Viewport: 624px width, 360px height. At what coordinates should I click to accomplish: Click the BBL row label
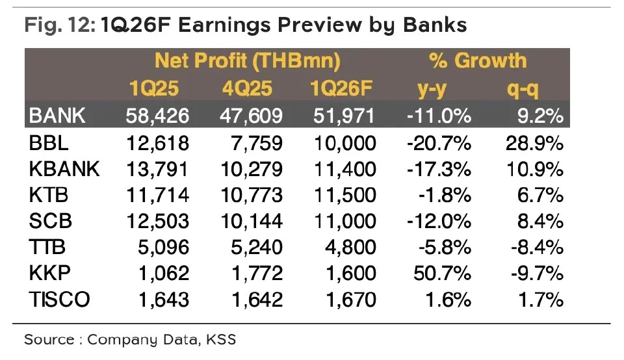click(49, 143)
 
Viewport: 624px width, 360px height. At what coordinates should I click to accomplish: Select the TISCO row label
click(60, 300)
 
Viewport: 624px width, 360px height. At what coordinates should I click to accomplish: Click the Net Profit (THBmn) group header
click(248, 61)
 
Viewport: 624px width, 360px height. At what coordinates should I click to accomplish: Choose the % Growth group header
click(478, 61)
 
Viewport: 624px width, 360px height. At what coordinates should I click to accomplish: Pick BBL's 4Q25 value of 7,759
click(257, 143)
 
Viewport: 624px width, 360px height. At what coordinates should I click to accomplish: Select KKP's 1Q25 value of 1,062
click(164, 274)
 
